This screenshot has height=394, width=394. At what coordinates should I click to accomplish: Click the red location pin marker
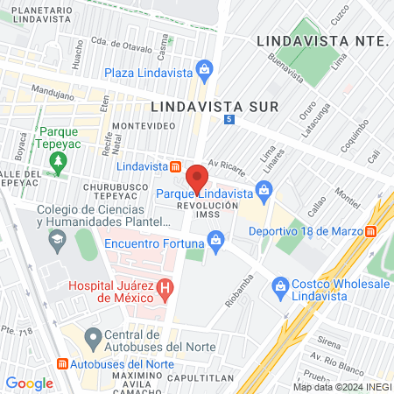197,177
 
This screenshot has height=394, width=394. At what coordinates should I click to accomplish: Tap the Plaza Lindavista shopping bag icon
204,67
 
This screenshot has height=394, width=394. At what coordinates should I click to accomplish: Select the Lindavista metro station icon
176,166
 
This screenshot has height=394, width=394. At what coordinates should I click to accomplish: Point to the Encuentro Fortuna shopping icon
215,238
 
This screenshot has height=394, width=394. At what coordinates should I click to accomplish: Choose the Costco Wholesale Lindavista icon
281,285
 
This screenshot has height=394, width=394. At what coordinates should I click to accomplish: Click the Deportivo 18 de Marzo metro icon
371,232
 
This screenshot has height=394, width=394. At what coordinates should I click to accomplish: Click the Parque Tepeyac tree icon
58,160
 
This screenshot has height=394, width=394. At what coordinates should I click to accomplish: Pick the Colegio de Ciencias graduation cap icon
56,238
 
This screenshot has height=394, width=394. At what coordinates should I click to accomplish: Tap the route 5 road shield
229,119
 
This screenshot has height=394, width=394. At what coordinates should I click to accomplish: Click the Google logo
30,383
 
